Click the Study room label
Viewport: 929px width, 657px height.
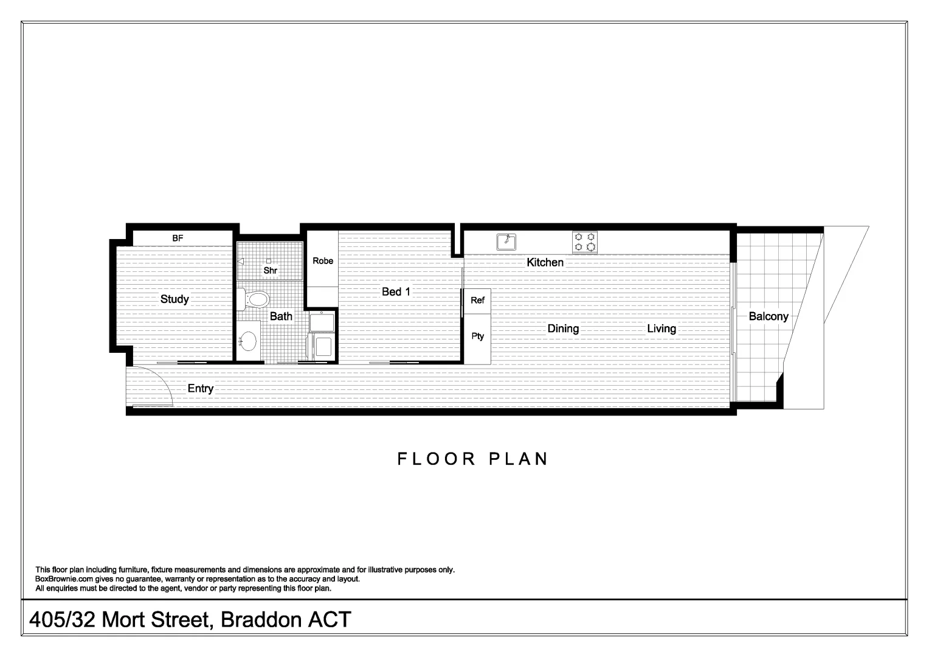coord(174,299)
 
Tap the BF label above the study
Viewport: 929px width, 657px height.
coord(178,238)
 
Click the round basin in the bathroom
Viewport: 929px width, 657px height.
coord(248,342)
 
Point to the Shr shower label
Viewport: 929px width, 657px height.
coord(271,270)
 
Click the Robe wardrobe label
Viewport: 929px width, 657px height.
coord(323,261)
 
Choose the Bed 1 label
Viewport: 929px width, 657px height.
coord(396,292)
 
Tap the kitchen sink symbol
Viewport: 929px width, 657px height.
coord(506,242)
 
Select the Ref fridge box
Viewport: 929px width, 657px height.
coord(478,301)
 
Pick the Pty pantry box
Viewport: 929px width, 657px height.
coord(478,336)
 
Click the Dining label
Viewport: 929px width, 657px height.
coord(563,329)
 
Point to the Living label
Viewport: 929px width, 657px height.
coord(661,329)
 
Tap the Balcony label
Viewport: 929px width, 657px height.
coord(768,316)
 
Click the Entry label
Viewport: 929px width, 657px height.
coord(200,389)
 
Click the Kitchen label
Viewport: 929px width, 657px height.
coord(545,263)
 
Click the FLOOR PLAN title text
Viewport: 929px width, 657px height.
coord(473,459)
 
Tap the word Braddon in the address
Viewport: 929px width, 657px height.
coord(261,620)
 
